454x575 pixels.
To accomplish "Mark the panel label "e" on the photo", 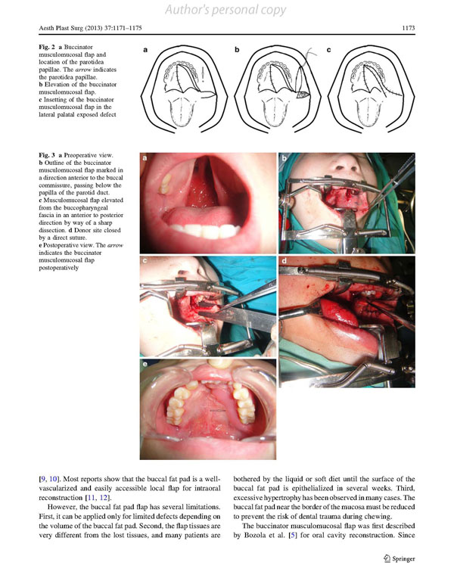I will (145, 365).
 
